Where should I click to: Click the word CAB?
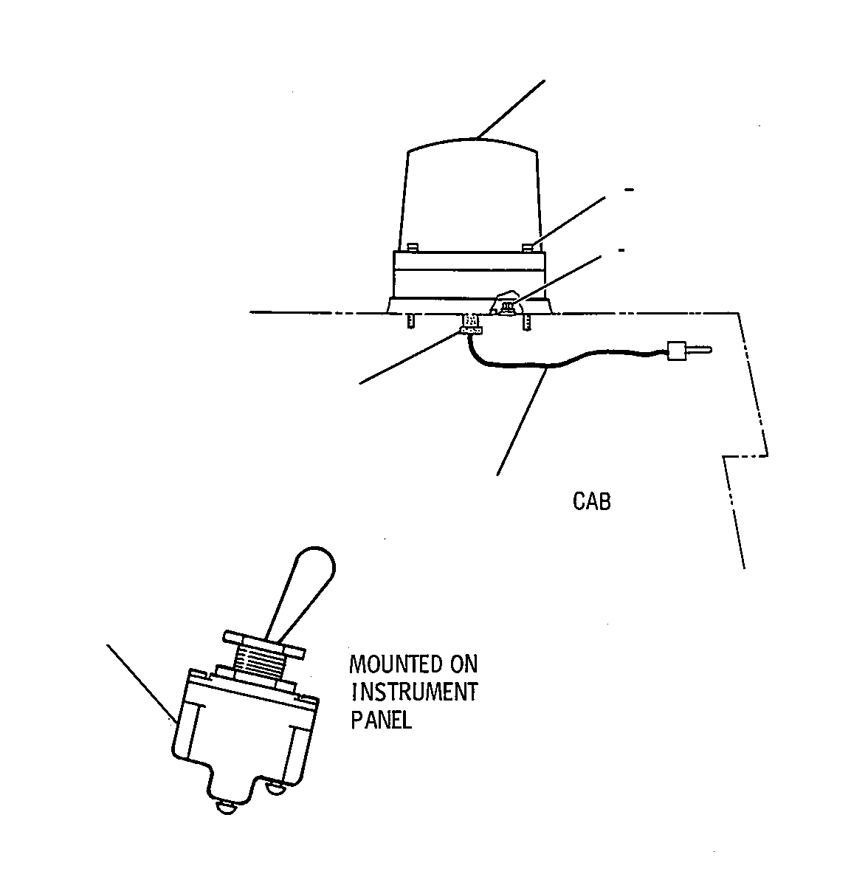(591, 501)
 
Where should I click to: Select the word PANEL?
(382, 720)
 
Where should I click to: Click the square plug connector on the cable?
(675, 351)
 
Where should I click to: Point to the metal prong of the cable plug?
(697, 351)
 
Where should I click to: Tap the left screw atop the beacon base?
(413, 247)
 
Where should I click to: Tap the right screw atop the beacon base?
(528, 247)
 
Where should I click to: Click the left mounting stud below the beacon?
(411, 320)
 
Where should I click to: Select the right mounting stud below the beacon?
(526, 322)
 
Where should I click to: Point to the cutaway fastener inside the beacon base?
(507, 306)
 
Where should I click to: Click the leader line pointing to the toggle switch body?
(142, 684)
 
